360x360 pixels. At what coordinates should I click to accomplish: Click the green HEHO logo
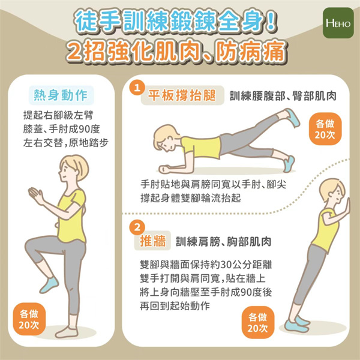(338, 23)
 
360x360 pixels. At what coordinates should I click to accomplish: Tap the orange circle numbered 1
(137, 88)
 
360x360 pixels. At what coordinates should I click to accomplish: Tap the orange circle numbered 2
(137, 227)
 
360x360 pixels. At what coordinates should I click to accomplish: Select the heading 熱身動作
(61, 95)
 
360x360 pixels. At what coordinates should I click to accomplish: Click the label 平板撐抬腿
(182, 95)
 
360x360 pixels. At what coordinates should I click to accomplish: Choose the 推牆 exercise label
(152, 241)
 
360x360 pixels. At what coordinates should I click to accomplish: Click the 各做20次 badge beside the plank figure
(325, 129)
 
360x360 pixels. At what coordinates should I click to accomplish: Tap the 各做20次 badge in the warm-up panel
(29, 319)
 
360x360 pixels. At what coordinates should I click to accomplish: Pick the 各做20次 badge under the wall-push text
(257, 323)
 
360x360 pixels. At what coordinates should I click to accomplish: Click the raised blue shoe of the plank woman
(292, 118)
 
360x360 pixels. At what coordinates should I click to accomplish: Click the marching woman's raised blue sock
(49, 285)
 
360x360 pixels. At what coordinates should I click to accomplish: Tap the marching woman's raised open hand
(36, 195)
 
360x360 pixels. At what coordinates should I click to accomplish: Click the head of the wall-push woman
(332, 191)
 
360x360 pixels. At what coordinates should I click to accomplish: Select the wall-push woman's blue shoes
(297, 324)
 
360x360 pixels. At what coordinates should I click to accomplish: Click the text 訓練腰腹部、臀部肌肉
(283, 96)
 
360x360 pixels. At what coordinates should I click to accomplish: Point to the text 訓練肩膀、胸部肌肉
(223, 241)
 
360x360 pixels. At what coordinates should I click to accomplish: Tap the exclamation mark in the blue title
(271, 22)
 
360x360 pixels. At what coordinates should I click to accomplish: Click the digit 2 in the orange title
(74, 52)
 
